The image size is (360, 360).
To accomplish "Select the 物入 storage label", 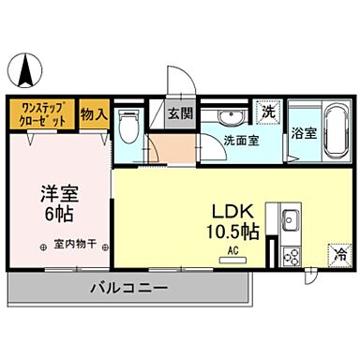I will pyautogui.click(x=94, y=114).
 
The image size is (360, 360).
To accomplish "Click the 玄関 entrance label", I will pyautogui.click(x=180, y=115).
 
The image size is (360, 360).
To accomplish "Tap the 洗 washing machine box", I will pyautogui.click(x=269, y=111).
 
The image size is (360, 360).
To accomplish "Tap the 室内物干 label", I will pyautogui.click(x=72, y=246).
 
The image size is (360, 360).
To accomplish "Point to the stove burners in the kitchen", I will pyautogui.click(x=291, y=254).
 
